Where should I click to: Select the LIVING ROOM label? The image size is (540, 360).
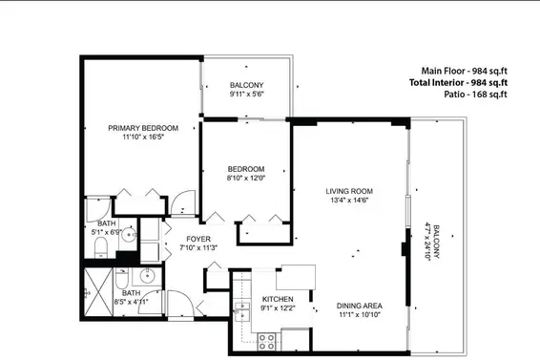(x=349, y=191)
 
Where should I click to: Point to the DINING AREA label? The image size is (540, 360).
(x=358, y=306)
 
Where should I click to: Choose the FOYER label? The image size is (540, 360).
(x=197, y=239)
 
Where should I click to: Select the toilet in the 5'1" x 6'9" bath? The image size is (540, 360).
(x=102, y=249)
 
